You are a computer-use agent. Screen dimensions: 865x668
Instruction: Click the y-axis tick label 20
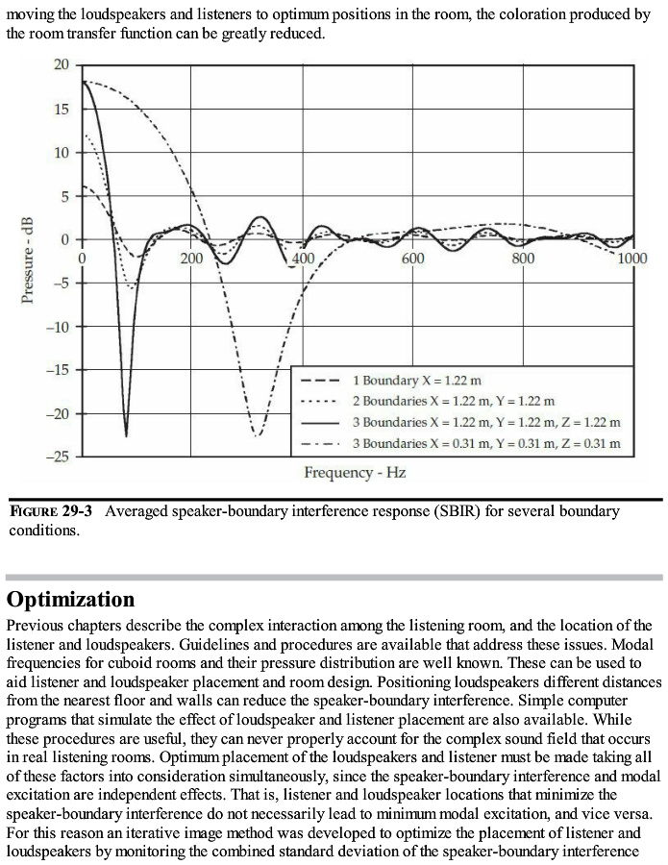tap(62, 64)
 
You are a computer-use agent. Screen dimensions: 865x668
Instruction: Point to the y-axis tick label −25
tap(59, 457)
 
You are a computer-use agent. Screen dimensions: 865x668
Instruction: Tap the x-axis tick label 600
tap(412, 258)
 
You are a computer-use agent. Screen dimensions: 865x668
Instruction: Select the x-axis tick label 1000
tap(631, 258)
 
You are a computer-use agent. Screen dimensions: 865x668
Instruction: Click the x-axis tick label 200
tap(191, 258)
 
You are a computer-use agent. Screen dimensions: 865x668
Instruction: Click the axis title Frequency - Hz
tap(355, 473)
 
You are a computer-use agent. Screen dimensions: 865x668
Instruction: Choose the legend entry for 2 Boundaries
tap(453, 401)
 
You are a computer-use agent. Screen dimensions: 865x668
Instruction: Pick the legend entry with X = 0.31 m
tap(486, 443)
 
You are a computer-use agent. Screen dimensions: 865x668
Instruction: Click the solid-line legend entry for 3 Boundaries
tap(486, 422)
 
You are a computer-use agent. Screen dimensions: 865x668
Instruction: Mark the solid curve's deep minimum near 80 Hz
tap(126, 435)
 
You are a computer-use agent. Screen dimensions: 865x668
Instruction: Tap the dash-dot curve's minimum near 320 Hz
tap(257, 434)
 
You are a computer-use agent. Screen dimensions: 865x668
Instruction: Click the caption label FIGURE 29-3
tap(51, 511)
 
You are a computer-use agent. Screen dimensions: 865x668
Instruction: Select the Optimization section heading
tap(70, 600)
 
